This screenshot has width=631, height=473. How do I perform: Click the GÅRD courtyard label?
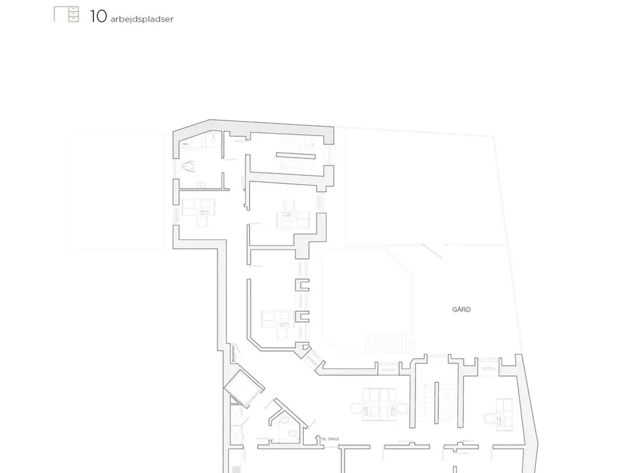(461, 309)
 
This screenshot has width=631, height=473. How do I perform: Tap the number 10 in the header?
(98, 16)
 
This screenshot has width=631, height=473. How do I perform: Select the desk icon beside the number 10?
(67, 14)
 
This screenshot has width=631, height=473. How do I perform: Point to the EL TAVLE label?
(330, 439)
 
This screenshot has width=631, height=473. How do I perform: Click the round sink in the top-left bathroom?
(201, 185)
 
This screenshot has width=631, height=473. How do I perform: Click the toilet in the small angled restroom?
(292, 433)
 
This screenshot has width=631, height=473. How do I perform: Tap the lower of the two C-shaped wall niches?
(302, 317)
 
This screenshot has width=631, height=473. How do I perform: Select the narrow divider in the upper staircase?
(295, 156)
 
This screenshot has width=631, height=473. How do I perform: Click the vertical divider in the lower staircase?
(436, 402)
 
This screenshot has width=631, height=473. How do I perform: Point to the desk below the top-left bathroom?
(198, 207)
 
